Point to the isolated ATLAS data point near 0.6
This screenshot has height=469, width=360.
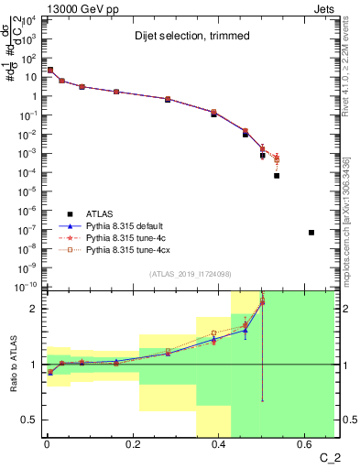311,233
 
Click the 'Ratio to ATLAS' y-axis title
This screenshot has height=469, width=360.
12,365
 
